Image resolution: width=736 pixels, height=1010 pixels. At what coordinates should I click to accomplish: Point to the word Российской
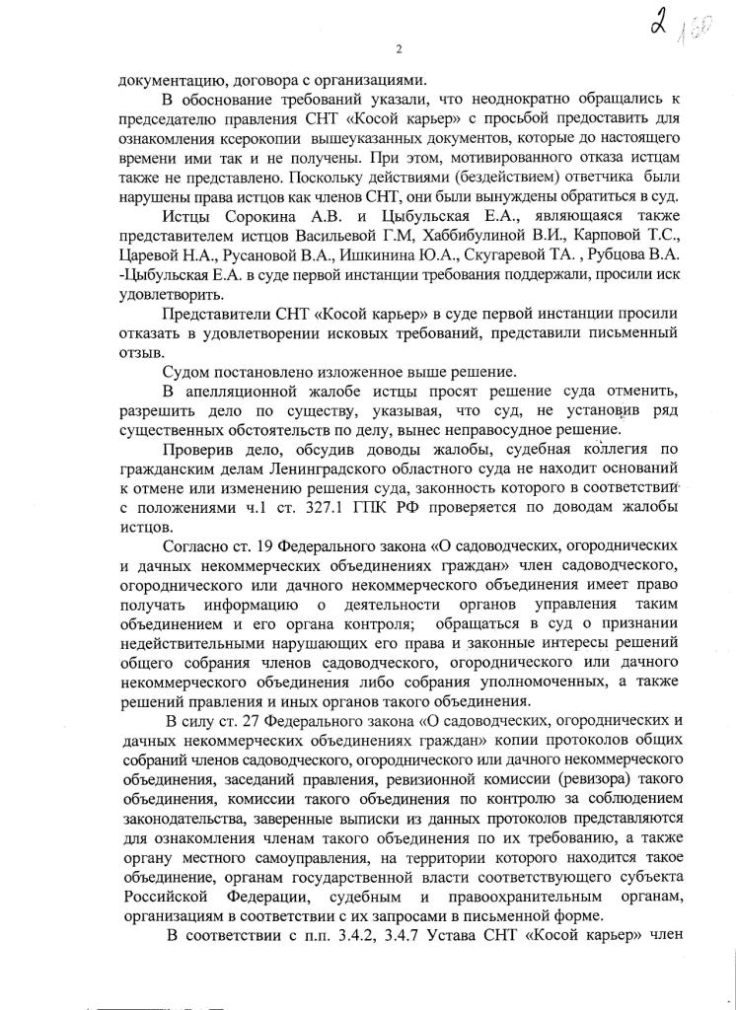[166, 898]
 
